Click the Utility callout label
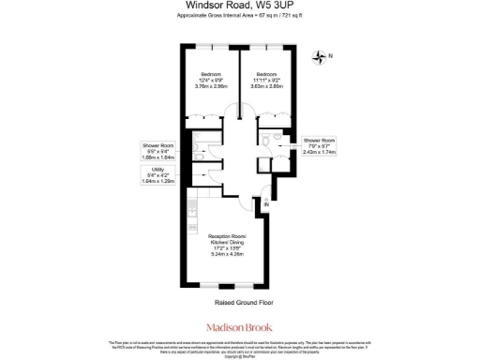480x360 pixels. (x=157, y=174)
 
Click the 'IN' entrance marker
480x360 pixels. (x=265, y=205)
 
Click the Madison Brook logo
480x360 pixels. (x=239, y=329)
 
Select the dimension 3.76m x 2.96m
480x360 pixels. (x=211, y=87)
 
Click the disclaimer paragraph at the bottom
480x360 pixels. (x=239, y=349)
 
